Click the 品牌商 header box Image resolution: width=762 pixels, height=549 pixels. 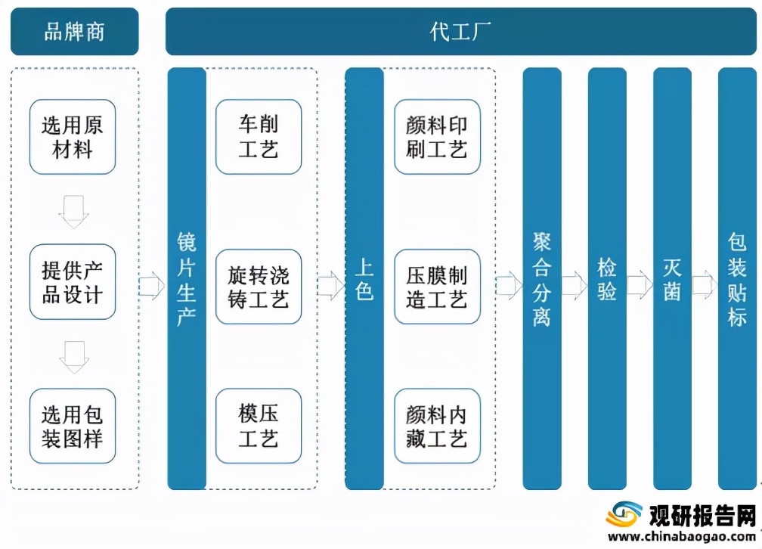(74, 32)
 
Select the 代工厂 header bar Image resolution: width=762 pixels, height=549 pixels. (460, 32)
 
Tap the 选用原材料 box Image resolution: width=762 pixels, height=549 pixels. (73, 137)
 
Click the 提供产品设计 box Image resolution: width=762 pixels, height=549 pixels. (73, 282)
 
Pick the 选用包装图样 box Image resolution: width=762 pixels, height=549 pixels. (73, 426)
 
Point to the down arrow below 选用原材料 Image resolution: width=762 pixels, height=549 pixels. (73, 211)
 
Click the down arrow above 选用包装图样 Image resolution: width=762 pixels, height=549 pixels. (73, 356)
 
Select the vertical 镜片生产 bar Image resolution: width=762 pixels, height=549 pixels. (187, 279)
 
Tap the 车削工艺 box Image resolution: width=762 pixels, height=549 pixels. (259, 137)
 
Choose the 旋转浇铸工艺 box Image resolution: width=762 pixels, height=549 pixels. (259, 287)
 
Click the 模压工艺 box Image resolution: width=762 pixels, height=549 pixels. (259, 426)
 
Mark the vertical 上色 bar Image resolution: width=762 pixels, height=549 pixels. (364, 279)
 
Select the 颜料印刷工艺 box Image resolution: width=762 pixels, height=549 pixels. (437, 137)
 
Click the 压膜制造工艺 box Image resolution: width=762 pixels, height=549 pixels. (437, 287)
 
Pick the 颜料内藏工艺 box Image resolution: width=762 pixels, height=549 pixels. (437, 426)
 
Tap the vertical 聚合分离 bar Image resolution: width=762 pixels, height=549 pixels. (542, 279)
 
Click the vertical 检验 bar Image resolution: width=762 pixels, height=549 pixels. (607, 279)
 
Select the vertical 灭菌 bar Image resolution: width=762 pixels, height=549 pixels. (672, 279)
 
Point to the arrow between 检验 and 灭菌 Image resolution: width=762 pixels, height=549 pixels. (640, 285)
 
